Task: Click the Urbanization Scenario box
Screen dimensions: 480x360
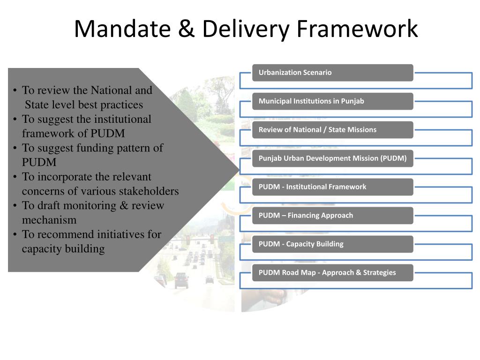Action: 332,73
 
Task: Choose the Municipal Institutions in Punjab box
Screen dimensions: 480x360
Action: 332,101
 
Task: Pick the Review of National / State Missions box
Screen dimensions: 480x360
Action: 332,130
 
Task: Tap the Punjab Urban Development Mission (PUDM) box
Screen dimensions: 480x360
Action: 332,158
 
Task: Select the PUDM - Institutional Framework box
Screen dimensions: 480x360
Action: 332,187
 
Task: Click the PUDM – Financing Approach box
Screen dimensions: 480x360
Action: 332,216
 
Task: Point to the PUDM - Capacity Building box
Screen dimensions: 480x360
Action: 332,244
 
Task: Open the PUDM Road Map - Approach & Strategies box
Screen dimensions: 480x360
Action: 332,273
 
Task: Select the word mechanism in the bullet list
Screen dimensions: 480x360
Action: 49,220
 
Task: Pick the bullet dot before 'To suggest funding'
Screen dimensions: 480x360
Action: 15,149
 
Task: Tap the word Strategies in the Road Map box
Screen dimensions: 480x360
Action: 379,273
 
